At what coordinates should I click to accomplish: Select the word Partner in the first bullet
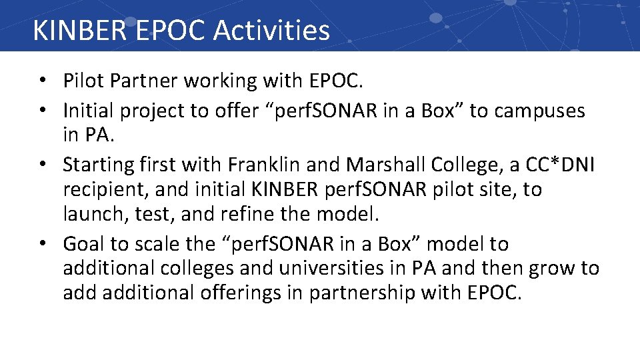tap(145, 81)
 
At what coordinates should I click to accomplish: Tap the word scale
tap(154, 244)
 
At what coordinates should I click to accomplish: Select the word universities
tap(347, 269)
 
